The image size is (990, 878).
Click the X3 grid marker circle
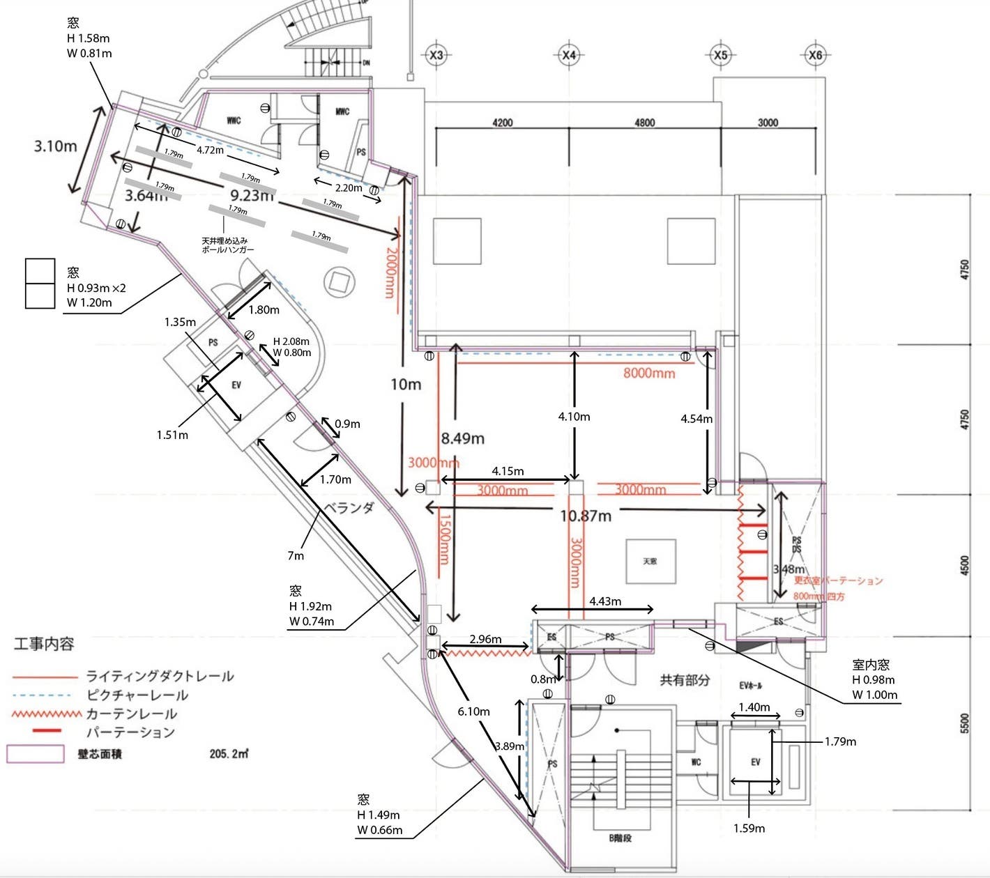[x=436, y=55]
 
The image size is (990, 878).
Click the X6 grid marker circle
[x=815, y=55]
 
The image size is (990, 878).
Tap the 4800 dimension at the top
[x=644, y=123]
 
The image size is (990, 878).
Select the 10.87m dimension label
[x=586, y=516]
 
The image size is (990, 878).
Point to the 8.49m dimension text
[x=462, y=438]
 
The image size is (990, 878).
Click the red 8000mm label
[x=648, y=373]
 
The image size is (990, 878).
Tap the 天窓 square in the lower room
[x=650, y=562]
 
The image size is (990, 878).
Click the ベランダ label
[x=349, y=507]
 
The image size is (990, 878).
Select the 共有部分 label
[x=685, y=680]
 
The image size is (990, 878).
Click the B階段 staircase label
[x=619, y=838]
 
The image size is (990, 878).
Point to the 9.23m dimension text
[x=251, y=195]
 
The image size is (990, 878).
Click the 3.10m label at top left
[x=55, y=146]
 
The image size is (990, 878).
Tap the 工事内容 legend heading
[x=44, y=644]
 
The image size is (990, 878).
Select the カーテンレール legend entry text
[x=131, y=714]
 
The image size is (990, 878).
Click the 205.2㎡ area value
[x=229, y=754]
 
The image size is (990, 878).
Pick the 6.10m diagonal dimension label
[x=473, y=711]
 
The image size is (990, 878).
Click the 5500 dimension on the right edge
[x=965, y=723]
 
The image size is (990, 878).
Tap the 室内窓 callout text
[x=871, y=665]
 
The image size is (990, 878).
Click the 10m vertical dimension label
[x=405, y=385]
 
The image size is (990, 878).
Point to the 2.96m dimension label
[x=485, y=639]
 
